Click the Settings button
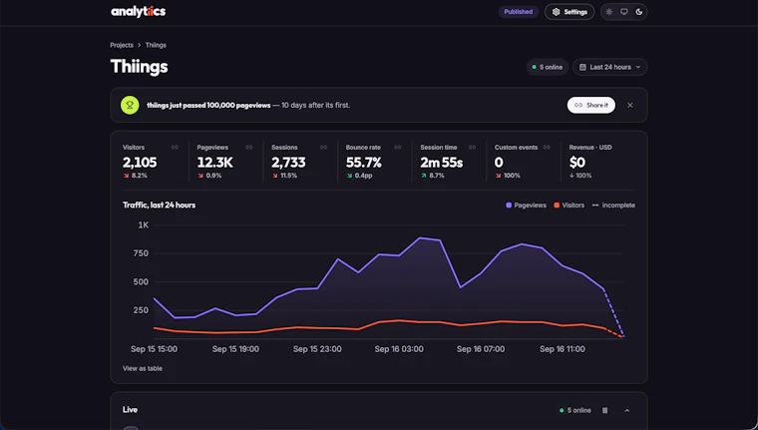tap(569, 12)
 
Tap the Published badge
tap(519, 12)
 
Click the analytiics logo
tap(139, 12)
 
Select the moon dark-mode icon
tap(639, 12)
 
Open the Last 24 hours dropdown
tap(610, 67)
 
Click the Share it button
tap(590, 105)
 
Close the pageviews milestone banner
tap(630, 105)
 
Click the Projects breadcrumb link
tap(122, 45)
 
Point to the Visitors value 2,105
tap(140, 163)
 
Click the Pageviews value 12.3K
tap(215, 163)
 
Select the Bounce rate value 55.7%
tap(363, 163)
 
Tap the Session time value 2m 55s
tap(442, 163)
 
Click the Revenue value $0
tap(577, 163)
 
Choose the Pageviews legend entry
tap(526, 206)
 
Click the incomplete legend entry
tap(613, 206)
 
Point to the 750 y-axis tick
tap(141, 253)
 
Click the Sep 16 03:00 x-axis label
tap(399, 349)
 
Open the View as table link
tap(143, 368)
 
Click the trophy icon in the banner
tap(130, 105)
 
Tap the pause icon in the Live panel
tap(604, 411)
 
